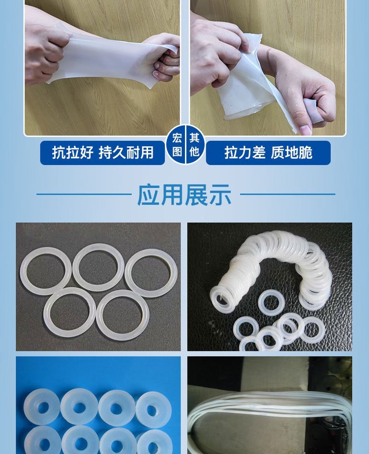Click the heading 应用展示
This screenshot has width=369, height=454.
pyautogui.click(x=184, y=195)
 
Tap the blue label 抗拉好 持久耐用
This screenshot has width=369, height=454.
pyautogui.click(x=102, y=153)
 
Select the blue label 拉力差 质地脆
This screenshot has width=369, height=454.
pyautogui.click(x=268, y=153)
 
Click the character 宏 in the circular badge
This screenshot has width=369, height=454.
pyautogui.click(x=177, y=138)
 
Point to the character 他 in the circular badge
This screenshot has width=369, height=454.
pyautogui.click(x=194, y=151)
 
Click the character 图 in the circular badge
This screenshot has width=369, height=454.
pyautogui.click(x=177, y=151)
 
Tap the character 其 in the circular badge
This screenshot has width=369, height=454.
pyautogui.click(x=194, y=138)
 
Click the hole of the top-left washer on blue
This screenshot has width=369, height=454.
pyautogui.click(x=43, y=408)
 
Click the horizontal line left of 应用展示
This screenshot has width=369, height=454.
pyautogui.click(x=84, y=195)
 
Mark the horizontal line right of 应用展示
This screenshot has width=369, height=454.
pyautogui.click(x=288, y=195)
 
